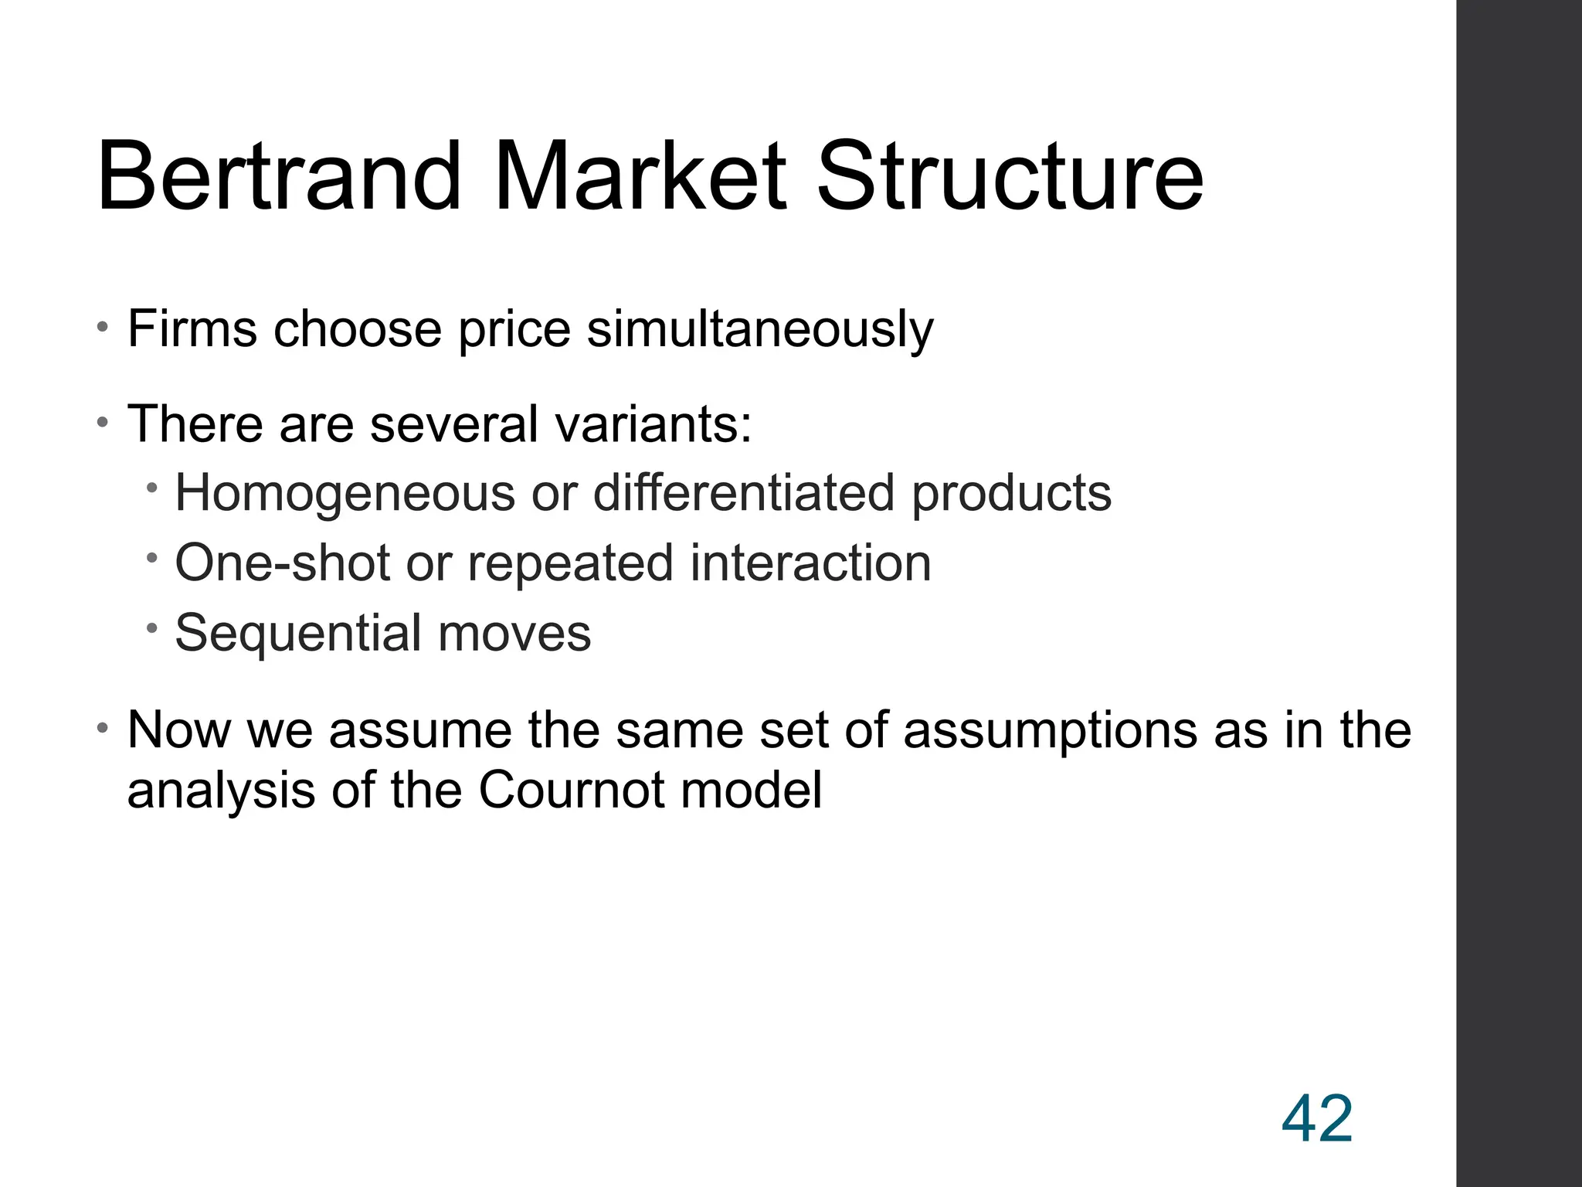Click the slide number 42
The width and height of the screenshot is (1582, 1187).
click(1316, 1119)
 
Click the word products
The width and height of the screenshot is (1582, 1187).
click(1011, 494)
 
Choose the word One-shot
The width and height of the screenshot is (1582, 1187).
click(282, 562)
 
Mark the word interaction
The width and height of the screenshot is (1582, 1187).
click(810, 562)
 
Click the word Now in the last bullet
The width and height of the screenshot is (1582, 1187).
click(178, 730)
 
